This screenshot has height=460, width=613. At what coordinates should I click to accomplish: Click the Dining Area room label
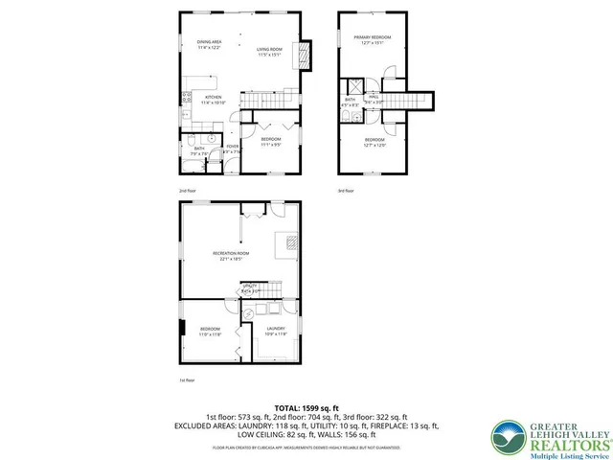point(209,45)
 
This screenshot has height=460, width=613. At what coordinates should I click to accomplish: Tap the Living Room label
point(269,52)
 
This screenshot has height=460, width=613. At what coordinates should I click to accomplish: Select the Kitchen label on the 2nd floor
point(215,100)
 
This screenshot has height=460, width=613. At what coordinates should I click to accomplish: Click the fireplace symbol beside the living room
point(306,54)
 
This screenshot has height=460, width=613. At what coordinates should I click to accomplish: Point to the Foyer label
point(232,149)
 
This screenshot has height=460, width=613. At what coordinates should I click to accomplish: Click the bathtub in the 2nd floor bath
point(200,163)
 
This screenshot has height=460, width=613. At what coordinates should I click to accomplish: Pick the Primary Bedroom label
point(373,39)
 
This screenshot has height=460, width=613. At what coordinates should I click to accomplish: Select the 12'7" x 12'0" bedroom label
point(373,143)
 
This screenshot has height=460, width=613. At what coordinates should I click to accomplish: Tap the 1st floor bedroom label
point(211,332)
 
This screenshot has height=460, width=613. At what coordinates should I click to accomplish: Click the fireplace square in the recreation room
point(286,243)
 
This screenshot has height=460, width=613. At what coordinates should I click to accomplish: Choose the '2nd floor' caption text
point(187,191)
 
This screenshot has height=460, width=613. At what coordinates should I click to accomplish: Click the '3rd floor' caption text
point(345,191)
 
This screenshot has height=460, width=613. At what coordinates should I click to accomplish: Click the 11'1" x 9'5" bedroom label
point(269,143)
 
